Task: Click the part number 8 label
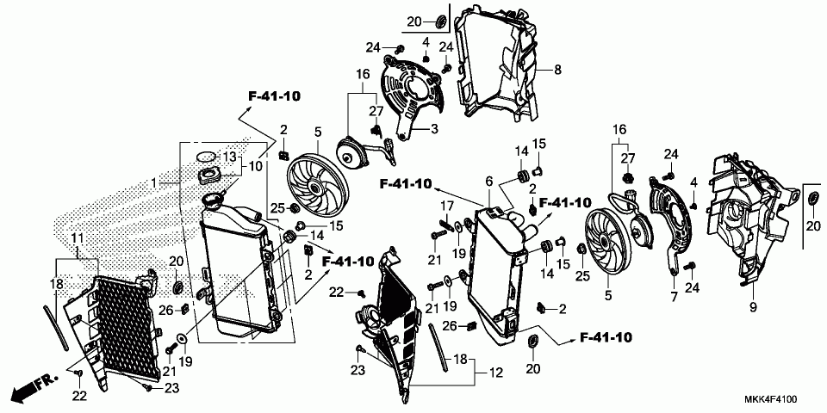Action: pyautogui.click(x=557, y=69)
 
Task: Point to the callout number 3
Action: pyautogui.click(x=434, y=129)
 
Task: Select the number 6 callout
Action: pyautogui.click(x=488, y=181)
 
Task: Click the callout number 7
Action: pyautogui.click(x=674, y=297)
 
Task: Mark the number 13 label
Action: pyautogui.click(x=230, y=157)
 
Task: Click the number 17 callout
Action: pyautogui.click(x=445, y=206)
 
